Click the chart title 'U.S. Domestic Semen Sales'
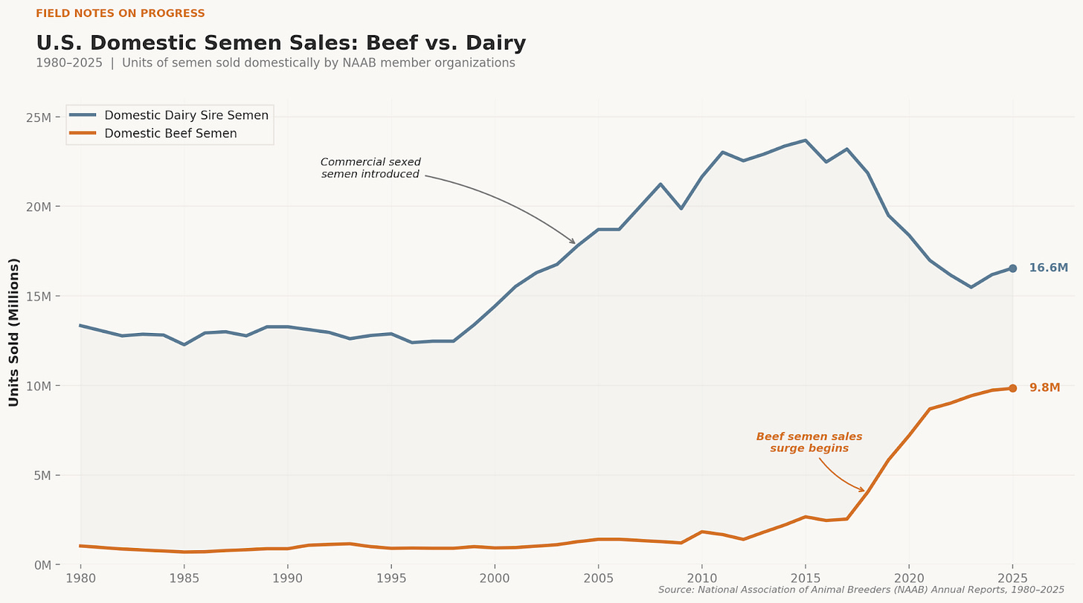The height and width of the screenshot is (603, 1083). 280,43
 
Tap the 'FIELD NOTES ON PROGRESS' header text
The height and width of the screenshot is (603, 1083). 120,13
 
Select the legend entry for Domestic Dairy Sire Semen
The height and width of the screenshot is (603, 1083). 186,115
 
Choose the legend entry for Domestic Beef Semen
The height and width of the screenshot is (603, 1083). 170,134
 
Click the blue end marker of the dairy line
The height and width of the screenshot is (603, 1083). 1012,268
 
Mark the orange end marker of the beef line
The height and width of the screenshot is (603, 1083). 1012,388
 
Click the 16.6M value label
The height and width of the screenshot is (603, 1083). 1048,268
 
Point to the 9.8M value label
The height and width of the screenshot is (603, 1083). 1044,387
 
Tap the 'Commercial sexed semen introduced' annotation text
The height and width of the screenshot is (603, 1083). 370,168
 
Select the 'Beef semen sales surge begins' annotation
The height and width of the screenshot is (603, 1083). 809,442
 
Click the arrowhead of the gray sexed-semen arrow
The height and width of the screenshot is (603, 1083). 573,242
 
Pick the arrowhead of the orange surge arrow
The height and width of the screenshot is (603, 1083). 863,491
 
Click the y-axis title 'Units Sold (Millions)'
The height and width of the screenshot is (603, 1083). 14,332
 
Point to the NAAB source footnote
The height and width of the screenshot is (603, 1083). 861,590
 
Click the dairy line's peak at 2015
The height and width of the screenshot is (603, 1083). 805,140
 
